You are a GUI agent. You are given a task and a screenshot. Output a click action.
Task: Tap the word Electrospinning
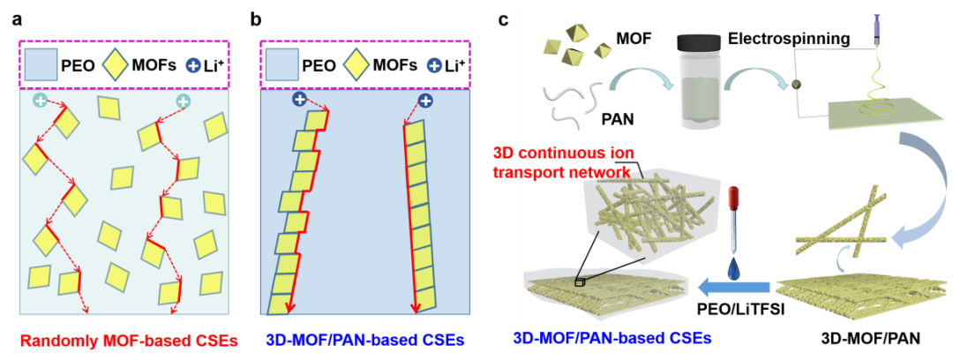789,39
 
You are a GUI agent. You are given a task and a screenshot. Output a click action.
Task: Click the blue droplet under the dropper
732,265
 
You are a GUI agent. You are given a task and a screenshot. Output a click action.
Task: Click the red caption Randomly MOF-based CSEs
128,341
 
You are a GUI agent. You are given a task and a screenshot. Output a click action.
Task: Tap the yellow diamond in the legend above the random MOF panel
115,64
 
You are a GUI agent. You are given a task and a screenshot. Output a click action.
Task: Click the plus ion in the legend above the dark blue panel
433,65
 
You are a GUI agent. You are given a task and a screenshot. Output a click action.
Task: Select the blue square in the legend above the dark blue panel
281,64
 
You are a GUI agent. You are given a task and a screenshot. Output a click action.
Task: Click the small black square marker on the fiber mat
579,282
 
